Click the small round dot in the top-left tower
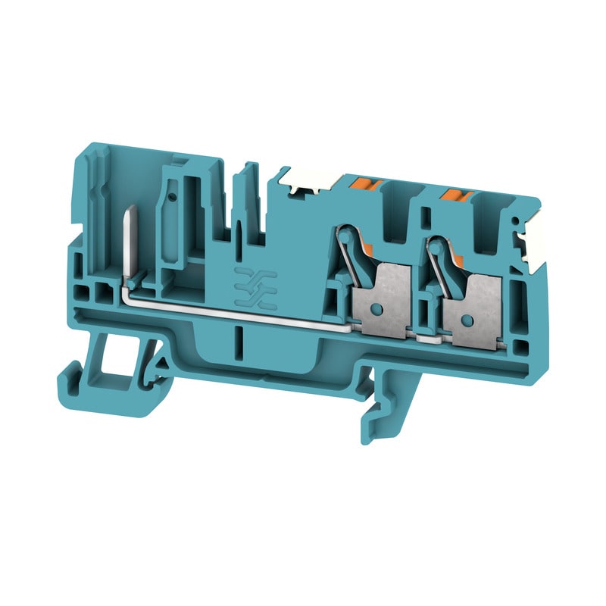[x=174, y=197]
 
